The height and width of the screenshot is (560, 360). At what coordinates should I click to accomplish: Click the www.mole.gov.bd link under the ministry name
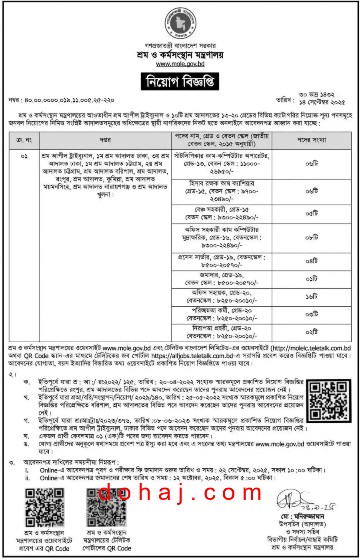pyautogui.click(x=180, y=64)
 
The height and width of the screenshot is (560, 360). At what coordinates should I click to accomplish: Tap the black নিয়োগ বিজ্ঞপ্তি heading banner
pyautogui.click(x=180, y=82)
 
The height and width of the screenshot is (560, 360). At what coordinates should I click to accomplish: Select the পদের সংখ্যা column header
pyautogui.click(x=311, y=140)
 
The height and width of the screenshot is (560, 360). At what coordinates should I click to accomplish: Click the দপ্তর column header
pyautogui.click(x=105, y=140)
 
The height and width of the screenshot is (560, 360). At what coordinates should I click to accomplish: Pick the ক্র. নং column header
pyautogui.click(x=24, y=140)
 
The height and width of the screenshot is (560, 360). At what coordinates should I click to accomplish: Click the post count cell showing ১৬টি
pyautogui.click(x=311, y=297)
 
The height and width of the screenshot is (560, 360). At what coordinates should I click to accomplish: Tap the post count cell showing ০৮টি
pyautogui.click(x=311, y=237)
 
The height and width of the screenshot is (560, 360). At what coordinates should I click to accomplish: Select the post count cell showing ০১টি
pyautogui.click(x=311, y=279)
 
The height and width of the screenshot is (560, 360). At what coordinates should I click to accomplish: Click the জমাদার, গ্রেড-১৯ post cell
pyautogui.click(x=222, y=279)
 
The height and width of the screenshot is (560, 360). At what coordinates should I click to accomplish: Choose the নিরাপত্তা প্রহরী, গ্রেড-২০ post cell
pyautogui.click(x=222, y=332)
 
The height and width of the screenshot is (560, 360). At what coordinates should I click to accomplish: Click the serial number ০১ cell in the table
pyautogui.click(x=24, y=156)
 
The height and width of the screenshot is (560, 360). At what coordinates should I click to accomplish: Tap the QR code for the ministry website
pyautogui.click(x=44, y=507)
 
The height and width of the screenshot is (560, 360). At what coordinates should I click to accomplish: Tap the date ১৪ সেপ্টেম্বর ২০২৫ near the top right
pyautogui.click(x=322, y=102)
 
